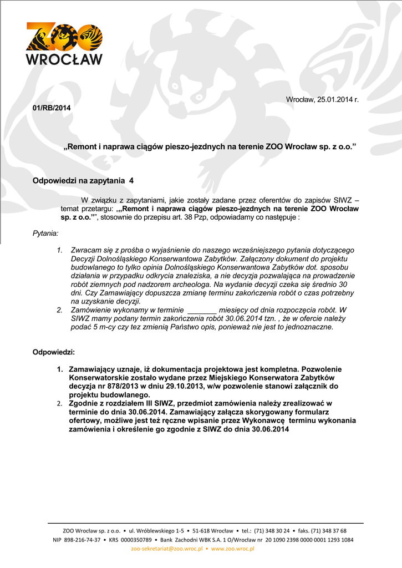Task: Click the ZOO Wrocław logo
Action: pyautogui.click(x=64, y=43)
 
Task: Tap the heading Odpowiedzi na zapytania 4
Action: pyautogui.click(x=83, y=180)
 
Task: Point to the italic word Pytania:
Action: pyautogui.click(x=45, y=235)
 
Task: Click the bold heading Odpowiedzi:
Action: pyautogui.click(x=54, y=352)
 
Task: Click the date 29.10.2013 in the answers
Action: pyautogui.click(x=186, y=386)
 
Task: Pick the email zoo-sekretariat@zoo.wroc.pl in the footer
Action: pyautogui.click(x=166, y=548)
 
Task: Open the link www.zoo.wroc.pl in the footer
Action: pyautogui.click(x=232, y=548)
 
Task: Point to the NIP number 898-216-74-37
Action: pyautogui.click(x=83, y=539)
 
